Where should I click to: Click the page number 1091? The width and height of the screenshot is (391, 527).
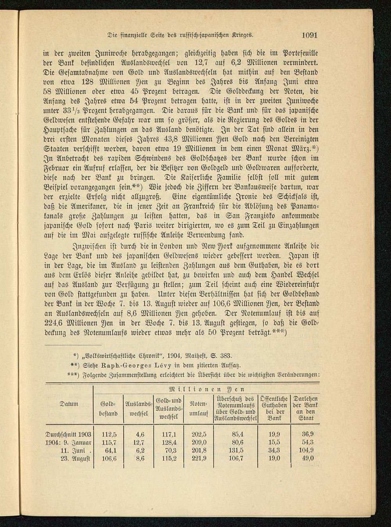(x=309, y=35)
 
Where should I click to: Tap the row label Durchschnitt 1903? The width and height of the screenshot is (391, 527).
(x=68, y=434)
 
